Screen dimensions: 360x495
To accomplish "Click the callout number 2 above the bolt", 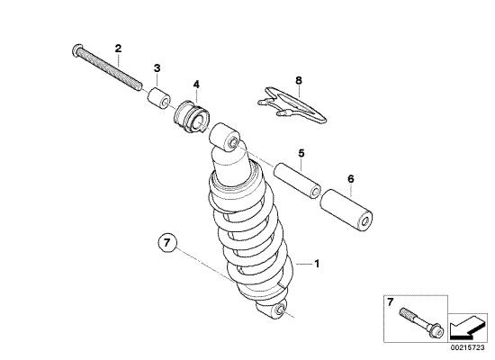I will coord(118,47).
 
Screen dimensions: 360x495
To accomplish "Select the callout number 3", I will coord(157,67).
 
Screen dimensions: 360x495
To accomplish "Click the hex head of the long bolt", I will coord(75,50).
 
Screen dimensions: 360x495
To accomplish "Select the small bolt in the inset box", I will coord(419,324).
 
